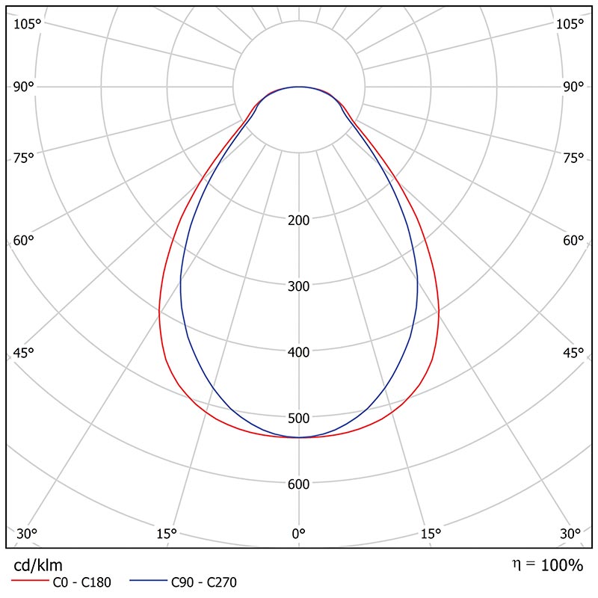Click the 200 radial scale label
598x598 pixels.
point(298,221)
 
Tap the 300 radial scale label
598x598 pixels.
point(298,286)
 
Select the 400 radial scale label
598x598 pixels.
point(298,352)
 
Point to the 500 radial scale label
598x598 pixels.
point(298,418)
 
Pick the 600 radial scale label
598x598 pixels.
point(298,484)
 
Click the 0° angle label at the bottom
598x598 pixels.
point(298,534)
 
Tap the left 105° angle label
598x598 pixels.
point(27,25)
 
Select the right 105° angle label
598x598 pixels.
point(570,25)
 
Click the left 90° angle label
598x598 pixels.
point(23,87)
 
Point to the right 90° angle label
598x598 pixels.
point(573,87)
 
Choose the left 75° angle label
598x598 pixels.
point(24,158)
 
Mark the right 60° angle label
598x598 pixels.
point(573,241)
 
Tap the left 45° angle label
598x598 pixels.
point(24,354)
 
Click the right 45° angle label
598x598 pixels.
point(573,354)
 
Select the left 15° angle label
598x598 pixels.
point(166,534)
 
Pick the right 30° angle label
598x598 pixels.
point(570,534)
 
